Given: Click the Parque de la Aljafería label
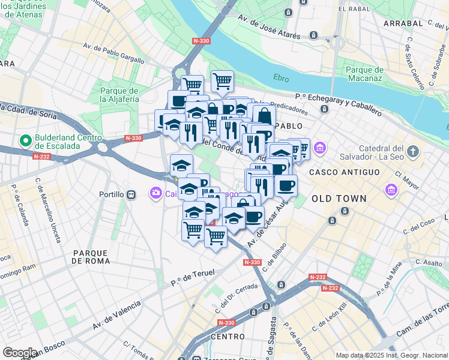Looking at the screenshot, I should (119, 94).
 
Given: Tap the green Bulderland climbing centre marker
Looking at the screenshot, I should (25, 141).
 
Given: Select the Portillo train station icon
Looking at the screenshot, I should (130, 194).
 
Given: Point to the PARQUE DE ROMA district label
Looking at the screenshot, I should (91, 257).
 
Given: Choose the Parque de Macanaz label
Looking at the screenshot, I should (364, 74).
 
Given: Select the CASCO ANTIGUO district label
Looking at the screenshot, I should (344, 172).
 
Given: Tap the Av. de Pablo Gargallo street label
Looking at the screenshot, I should (113, 53).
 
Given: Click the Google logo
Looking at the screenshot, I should (20, 352).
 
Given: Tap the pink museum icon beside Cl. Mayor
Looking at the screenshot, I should (391, 191).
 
